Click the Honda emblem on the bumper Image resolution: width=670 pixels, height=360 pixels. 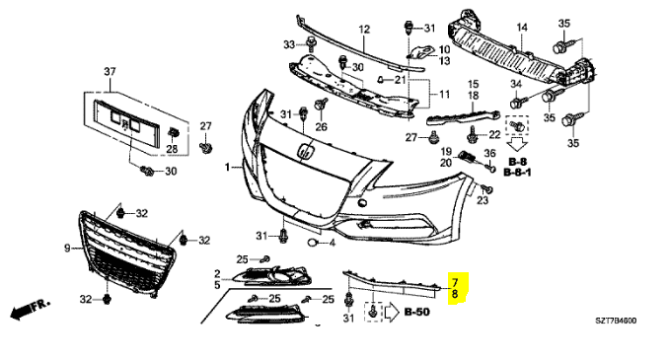307,152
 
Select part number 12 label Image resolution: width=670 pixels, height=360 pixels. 364,30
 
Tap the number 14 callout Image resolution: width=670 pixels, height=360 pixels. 522,28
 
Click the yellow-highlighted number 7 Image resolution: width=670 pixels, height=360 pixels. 455,282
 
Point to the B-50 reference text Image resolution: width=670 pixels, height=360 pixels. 417,313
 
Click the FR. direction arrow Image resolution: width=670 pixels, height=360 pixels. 30,309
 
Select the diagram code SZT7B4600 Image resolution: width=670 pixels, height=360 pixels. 616,321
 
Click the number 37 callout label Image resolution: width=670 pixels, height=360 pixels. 110,71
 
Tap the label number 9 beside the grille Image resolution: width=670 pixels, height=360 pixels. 67,248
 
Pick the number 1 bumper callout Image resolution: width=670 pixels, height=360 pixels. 228,167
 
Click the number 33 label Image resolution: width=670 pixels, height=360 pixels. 289,44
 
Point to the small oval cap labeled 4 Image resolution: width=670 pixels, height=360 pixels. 313,243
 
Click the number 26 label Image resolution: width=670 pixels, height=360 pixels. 321,126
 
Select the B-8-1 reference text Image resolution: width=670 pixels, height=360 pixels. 517,173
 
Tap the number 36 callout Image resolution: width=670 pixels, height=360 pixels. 489,153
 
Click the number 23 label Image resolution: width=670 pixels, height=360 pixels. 483,200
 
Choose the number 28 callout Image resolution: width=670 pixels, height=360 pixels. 172,149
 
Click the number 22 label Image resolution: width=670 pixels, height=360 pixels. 494,134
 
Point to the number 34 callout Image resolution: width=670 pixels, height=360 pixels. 516,84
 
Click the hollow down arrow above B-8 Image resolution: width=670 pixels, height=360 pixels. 517,144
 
